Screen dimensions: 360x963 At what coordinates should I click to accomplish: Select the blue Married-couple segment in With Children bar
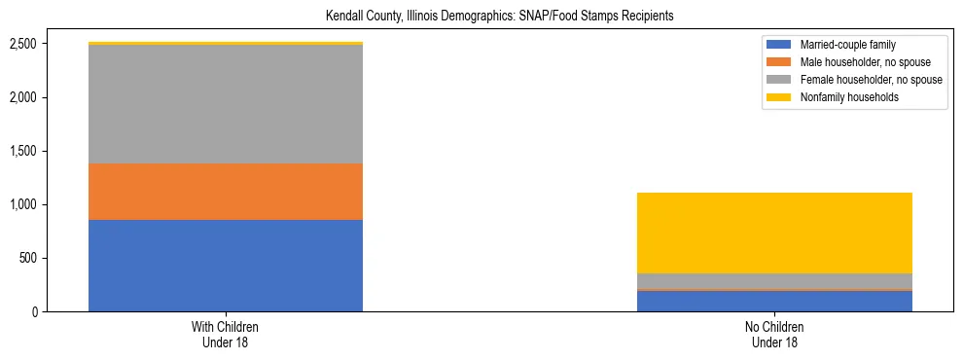click(x=226, y=265)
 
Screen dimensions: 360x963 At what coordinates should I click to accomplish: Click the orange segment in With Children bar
click(x=226, y=192)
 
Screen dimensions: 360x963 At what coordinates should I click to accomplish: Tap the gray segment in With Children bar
click(x=226, y=104)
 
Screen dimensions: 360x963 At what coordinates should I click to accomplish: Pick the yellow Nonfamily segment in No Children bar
click(x=774, y=233)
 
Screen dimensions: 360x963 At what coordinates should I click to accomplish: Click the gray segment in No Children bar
click(x=774, y=280)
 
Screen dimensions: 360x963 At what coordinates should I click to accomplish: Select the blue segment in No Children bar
click(x=774, y=301)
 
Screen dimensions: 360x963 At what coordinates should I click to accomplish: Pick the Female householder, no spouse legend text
click(x=871, y=80)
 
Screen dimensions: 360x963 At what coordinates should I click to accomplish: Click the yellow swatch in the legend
click(x=779, y=97)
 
